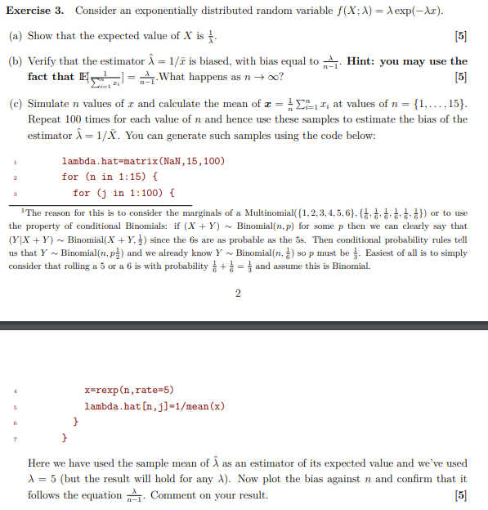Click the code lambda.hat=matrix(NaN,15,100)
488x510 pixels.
click(x=142, y=161)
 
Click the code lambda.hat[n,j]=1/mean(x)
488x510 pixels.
click(x=154, y=406)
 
